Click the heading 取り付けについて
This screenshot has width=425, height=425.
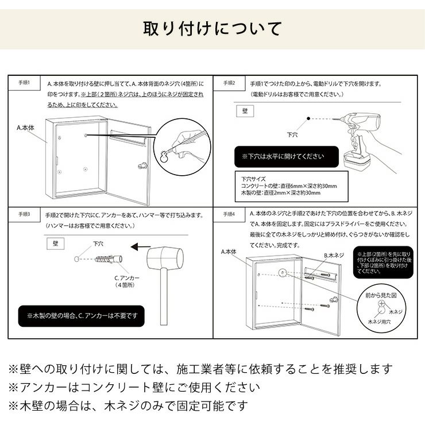tap(212, 28)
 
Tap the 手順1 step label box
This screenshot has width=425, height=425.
tap(24, 83)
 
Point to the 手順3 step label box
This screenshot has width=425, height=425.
tap(24, 213)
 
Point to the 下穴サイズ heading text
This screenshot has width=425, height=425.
tap(252, 179)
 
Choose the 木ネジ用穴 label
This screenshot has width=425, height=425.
tap(379, 323)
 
